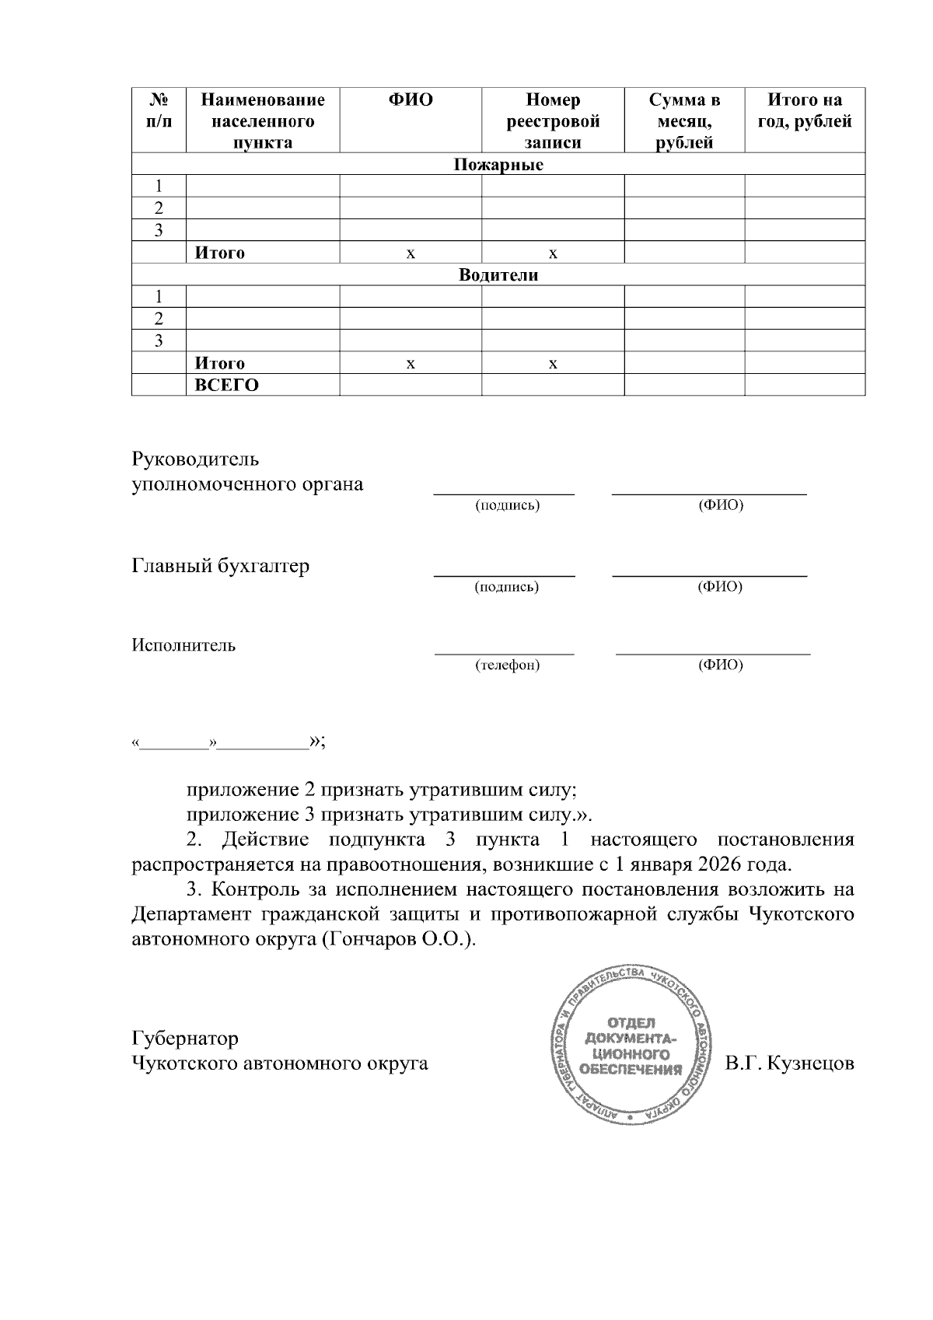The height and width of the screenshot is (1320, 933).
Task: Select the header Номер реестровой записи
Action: (553, 121)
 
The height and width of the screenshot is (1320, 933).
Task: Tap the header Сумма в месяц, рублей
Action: (684, 121)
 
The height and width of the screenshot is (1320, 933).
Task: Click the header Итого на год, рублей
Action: (805, 110)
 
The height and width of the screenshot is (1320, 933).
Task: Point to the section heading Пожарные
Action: (498, 165)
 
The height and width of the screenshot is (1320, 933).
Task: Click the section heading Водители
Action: (498, 275)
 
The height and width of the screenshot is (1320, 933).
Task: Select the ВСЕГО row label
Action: (226, 386)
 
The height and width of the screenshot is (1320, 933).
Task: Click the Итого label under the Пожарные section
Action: (219, 253)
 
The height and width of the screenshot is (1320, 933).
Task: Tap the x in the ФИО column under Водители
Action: (411, 364)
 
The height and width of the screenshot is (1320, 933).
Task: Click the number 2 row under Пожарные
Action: (159, 208)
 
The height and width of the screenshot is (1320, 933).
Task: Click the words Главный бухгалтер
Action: (220, 566)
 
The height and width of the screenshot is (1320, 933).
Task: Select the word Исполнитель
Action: (183, 645)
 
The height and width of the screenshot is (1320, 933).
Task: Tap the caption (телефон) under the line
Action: (507, 665)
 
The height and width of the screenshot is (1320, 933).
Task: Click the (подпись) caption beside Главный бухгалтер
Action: (507, 587)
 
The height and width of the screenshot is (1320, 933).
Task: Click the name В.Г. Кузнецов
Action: (789, 1063)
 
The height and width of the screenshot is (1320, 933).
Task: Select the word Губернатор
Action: (185, 1039)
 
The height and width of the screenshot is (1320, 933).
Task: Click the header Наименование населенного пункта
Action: (263, 121)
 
